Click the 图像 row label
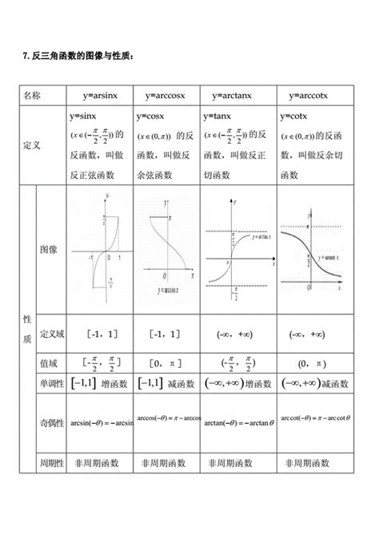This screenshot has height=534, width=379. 49,250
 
